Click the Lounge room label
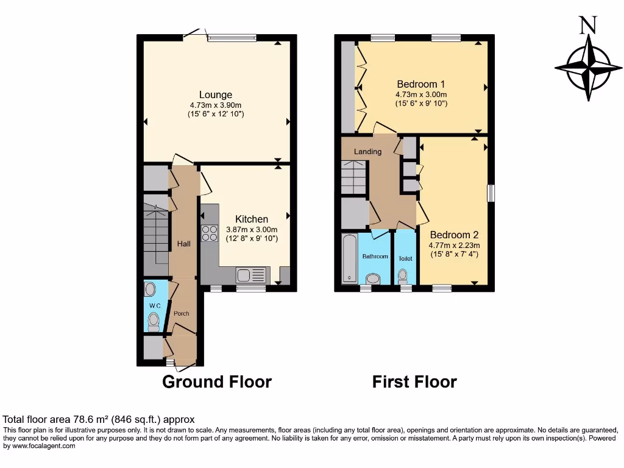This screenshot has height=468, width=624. pos(216,94)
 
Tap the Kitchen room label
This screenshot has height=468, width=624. pos(252,219)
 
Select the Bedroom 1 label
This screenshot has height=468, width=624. pos(421,84)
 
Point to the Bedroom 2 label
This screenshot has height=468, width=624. pos(454,235)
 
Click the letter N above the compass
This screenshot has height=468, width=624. pos(587,25)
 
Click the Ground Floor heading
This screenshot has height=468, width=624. pos(216,382)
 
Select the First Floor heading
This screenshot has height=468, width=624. pos(414,382)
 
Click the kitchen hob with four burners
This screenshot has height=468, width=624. pos(210,233)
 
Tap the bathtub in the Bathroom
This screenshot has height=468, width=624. pos(349,258)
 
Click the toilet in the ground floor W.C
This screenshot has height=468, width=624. pos(153,320)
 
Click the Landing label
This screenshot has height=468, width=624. pos(367,152)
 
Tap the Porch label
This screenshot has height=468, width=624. pos(181,314)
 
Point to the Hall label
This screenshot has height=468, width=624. pos(183,244)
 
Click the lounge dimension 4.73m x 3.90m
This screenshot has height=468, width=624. pos(216,105)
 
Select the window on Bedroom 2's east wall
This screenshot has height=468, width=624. pos(491,193)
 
